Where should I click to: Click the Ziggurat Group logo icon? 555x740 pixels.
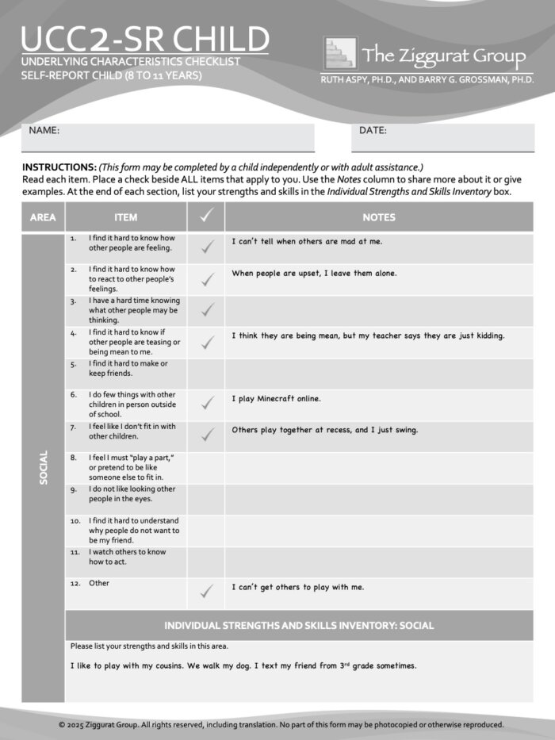pos(340,53)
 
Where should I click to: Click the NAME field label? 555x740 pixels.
pos(44,130)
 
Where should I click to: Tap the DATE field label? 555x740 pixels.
pos(373,130)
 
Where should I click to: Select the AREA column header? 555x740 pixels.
pos(43,217)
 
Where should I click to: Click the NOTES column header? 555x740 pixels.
pos(379,217)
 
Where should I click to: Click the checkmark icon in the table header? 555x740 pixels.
pos(206,217)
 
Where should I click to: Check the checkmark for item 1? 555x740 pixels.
pos(207,248)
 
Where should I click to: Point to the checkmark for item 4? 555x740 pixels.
pos(207,343)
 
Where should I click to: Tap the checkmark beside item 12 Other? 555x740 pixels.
pos(207,591)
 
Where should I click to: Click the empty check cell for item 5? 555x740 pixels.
pos(206,373)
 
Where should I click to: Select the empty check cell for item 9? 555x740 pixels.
pos(206,500)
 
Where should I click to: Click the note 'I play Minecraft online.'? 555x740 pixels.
pos(276,399)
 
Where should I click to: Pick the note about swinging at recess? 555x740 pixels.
pos(324,430)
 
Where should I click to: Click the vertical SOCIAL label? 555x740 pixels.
pos(44,468)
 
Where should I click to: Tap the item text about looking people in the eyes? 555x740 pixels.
pos(132,494)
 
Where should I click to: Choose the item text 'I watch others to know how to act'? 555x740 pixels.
pos(127,557)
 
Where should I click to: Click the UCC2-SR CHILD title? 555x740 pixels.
pos(145,39)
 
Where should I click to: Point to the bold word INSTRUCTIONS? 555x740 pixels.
pos(59,167)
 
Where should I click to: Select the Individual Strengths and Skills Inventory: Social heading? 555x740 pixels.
pos(299,625)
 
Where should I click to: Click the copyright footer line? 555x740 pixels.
pos(281,724)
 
